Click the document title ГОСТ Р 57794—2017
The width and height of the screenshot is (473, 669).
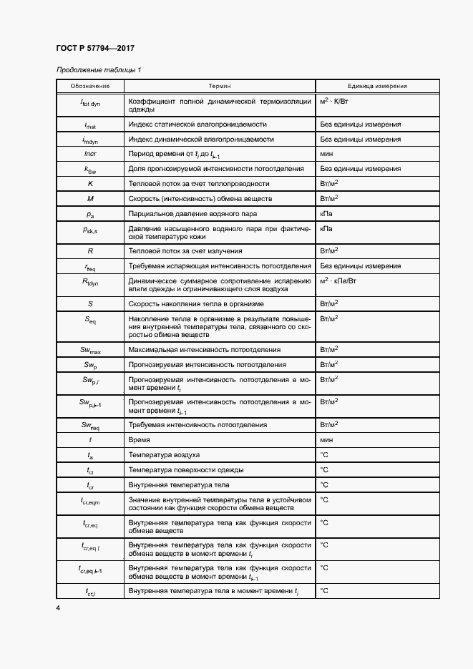94,49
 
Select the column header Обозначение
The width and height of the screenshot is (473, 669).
90,87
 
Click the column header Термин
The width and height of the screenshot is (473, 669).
220,87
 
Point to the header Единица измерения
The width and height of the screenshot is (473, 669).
377,87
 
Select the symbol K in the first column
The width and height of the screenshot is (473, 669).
90,184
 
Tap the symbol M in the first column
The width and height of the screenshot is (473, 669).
90,198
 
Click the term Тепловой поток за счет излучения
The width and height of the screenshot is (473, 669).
185,251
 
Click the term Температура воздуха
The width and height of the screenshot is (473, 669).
164,455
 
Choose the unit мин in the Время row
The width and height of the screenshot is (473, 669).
328,440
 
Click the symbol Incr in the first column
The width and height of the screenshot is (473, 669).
90,154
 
